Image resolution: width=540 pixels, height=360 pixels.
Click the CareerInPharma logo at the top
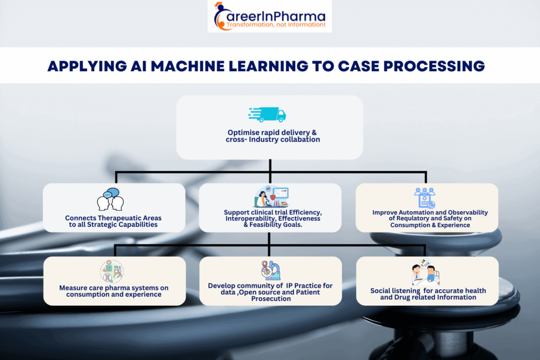click(x=269, y=16)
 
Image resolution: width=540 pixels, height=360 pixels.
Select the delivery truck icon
click(x=267, y=114)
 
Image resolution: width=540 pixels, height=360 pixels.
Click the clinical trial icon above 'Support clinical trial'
click(x=271, y=198)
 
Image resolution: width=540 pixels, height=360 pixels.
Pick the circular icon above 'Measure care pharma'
click(x=112, y=272)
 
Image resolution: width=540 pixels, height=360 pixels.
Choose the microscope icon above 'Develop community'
click(x=271, y=270)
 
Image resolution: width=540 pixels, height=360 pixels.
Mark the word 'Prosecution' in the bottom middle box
click(x=270, y=298)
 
